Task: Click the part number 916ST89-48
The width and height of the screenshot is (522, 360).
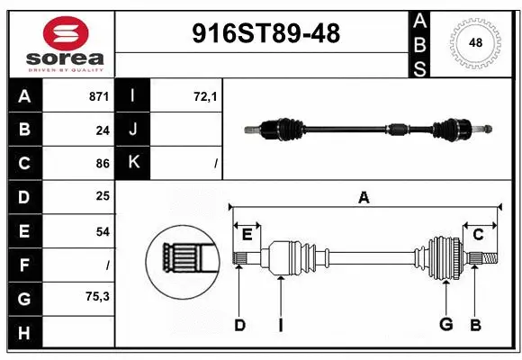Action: tap(266, 33)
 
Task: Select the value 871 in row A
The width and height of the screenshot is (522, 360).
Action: tap(99, 95)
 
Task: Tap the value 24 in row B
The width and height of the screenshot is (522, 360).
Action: tap(103, 130)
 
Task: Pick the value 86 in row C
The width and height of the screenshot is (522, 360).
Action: tap(103, 164)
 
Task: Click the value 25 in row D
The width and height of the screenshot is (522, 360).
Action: tap(103, 196)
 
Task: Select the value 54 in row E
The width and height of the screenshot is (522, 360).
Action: tap(103, 231)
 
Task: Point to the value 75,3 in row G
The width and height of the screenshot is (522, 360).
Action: tap(98, 297)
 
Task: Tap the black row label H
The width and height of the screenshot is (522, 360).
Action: tap(24, 333)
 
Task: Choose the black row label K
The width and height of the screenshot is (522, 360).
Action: tap(133, 163)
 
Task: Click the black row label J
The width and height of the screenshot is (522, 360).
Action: tap(133, 130)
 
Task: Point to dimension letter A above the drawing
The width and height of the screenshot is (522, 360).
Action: tap(364, 197)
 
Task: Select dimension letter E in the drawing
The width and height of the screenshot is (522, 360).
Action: tap(247, 235)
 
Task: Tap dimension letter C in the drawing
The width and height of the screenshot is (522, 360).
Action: tap(479, 235)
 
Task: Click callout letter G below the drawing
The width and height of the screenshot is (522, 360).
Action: tap(445, 325)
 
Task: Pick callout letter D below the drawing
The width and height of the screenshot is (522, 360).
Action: tap(239, 325)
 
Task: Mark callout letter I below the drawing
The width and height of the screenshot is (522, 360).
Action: tap(280, 325)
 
